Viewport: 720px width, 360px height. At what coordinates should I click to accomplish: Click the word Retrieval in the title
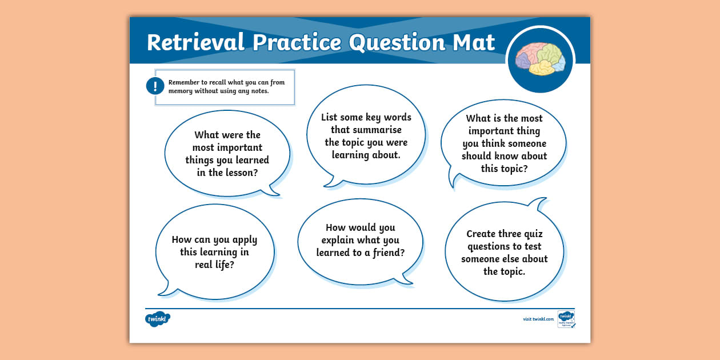(x=195, y=43)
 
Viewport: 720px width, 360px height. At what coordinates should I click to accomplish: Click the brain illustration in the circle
(x=540, y=59)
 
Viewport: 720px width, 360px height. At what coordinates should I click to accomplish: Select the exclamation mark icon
(x=155, y=86)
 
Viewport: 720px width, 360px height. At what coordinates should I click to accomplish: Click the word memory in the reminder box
(x=181, y=91)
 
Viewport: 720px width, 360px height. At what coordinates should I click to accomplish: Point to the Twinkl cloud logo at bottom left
(x=158, y=318)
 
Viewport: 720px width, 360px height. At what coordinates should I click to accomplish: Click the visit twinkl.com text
(x=538, y=319)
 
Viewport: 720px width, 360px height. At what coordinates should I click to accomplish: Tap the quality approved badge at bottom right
(x=566, y=319)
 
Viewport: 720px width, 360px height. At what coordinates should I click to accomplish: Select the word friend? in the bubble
(x=387, y=253)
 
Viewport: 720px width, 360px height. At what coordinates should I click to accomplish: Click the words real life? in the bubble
(x=214, y=265)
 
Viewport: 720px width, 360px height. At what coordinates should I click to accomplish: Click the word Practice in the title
(x=297, y=43)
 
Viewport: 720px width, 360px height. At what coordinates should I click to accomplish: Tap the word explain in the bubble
(x=341, y=240)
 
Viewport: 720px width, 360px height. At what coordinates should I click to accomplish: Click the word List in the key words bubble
(x=329, y=117)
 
